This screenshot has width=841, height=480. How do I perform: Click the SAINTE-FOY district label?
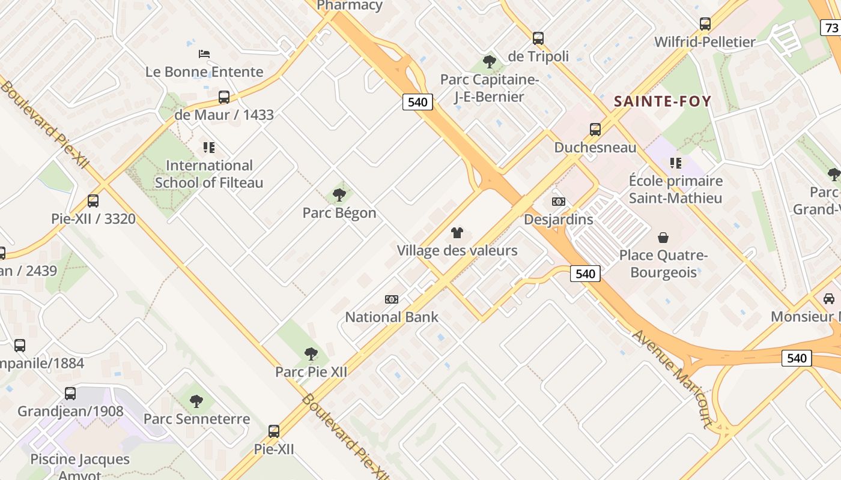tap(663, 101)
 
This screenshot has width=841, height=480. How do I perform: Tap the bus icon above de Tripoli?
tap(538, 38)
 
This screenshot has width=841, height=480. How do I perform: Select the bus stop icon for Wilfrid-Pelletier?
tap(705, 24)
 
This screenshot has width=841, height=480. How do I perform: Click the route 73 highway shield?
tap(831, 28)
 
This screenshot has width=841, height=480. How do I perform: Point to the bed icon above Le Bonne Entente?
tap(204, 54)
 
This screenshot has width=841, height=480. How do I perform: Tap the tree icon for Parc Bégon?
tap(339, 195)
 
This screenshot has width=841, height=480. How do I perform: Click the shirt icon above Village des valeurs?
tap(457, 233)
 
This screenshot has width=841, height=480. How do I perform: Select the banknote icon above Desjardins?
tap(559, 202)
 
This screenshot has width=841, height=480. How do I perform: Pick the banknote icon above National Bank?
tap(392, 299)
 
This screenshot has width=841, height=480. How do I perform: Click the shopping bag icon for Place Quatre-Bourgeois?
tap(663, 238)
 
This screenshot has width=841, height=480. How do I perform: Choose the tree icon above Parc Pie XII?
tap(311, 354)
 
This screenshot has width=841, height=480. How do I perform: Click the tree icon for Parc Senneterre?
tap(196, 401)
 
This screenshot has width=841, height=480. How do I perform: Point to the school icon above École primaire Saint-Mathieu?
tap(676, 163)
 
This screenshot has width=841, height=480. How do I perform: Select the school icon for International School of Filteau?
tap(209, 148)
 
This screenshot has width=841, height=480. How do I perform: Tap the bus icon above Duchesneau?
tap(595, 130)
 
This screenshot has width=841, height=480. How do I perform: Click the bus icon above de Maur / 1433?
tap(224, 97)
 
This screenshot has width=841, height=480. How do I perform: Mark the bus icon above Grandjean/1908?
tap(70, 394)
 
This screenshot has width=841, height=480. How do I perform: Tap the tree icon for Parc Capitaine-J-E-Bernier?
tap(490, 62)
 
